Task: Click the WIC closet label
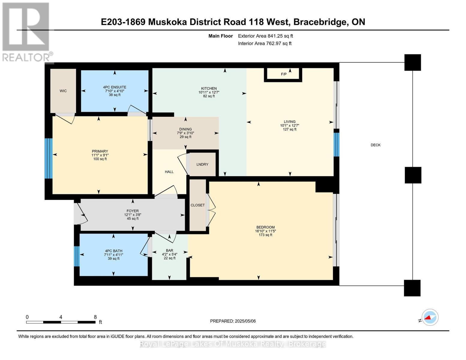[x=63, y=91]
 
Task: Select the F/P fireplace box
[x=283, y=74]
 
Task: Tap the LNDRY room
[x=203, y=164]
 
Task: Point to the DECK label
[x=375, y=145]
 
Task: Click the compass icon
[x=430, y=317]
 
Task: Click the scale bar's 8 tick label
[x=95, y=317]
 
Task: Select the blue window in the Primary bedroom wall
[x=49, y=158]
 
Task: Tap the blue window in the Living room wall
[x=336, y=145]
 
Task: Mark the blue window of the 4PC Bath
[x=77, y=256]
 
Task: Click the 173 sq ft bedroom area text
[x=266, y=235]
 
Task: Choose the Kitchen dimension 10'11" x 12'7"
[x=209, y=92]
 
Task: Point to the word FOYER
[x=133, y=211]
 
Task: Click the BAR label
[x=170, y=250]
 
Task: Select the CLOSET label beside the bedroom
[x=197, y=205]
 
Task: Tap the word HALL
[x=169, y=172]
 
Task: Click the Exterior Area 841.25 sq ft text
[x=266, y=36]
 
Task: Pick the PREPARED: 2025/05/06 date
[x=233, y=321]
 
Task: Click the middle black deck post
[x=413, y=175]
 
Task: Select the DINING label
[x=185, y=129]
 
